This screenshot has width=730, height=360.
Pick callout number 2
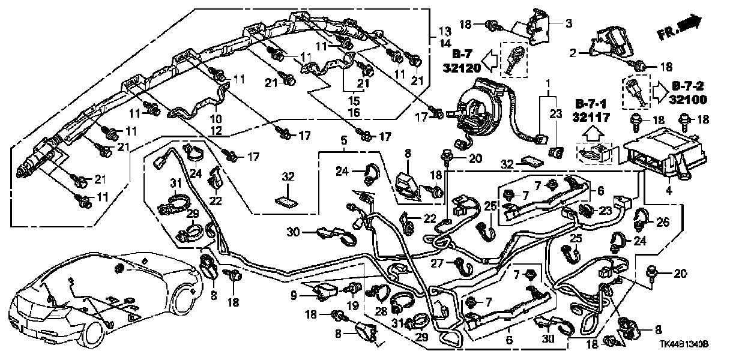574,53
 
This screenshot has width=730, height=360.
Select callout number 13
444,31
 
